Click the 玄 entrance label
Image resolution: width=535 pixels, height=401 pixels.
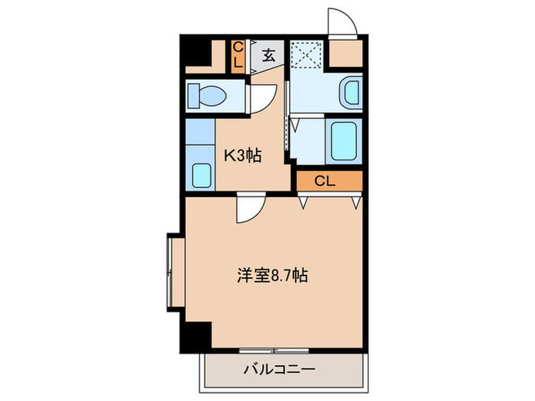269,56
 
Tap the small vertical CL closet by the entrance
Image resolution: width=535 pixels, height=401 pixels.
238,56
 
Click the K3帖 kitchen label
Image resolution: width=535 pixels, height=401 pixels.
243,155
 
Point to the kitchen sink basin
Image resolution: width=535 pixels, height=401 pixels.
201,175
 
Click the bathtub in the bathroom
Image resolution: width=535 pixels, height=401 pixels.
344,140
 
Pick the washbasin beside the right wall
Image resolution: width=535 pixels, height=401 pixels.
351,93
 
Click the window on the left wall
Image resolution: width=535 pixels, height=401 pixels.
170,271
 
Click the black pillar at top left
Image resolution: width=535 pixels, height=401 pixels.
197,52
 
